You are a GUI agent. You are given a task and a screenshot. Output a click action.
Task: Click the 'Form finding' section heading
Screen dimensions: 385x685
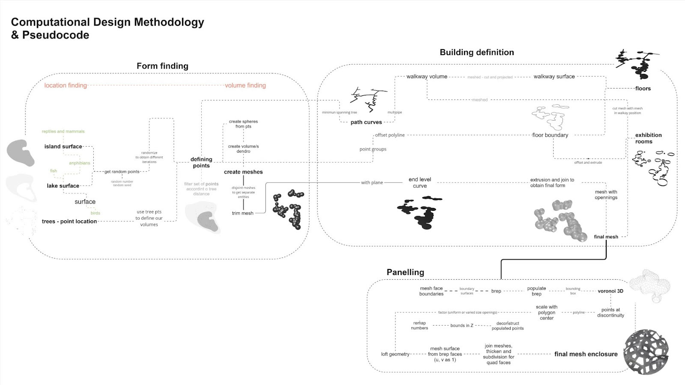click(x=162, y=66)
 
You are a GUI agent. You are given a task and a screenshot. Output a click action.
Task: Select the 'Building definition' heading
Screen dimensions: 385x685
click(x=477, y=52)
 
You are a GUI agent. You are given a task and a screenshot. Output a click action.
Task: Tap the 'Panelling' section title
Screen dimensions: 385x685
click(x=405, y=272)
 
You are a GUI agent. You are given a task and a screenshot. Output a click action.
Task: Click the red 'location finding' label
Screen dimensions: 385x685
click(x=66, y=85)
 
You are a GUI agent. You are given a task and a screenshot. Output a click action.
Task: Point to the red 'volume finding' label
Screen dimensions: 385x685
click(x=245, y=85)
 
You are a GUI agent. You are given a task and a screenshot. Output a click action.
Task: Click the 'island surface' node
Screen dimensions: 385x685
click(x=63, y=146)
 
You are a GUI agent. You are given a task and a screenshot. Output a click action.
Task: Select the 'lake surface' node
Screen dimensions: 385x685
click(x=63, y=186)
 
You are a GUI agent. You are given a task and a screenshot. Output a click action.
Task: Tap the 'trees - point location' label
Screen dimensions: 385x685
click(x=69, y=221)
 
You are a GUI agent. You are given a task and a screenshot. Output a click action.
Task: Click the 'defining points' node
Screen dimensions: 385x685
click(x=201, y=163)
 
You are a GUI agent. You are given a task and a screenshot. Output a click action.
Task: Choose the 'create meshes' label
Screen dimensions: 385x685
click(x=243, y=172)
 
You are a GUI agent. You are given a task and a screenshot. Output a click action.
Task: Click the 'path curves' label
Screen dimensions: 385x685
click(x=366, y=122)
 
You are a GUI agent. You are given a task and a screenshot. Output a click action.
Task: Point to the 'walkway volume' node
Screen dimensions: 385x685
click(x=427, y=77)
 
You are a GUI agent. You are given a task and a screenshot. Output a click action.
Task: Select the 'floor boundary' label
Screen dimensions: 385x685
click(x=550, y=135)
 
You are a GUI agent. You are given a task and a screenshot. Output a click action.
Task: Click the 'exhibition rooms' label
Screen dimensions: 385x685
click(x=648, y=138)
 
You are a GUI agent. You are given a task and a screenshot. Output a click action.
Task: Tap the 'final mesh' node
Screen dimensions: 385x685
click(x=606, y=237)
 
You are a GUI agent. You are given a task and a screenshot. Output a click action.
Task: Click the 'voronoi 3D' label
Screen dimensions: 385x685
click(x=611, y=291)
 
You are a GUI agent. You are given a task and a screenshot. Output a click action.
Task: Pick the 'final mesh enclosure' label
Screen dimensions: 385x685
click(x=586, y=354)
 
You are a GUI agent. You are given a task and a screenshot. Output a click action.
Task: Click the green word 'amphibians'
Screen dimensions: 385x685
click(x=80, y=163)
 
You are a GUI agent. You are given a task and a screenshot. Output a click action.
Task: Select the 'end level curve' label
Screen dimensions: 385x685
click(x=420, y=183)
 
